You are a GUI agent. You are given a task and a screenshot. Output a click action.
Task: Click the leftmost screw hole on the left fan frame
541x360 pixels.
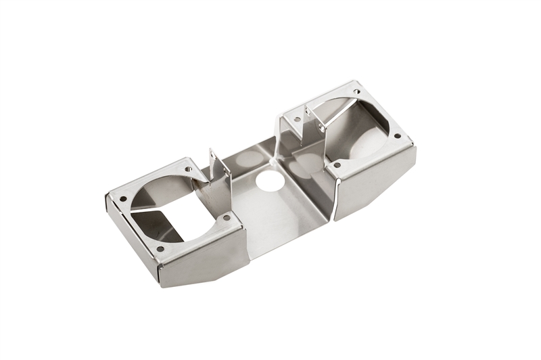[123, 199]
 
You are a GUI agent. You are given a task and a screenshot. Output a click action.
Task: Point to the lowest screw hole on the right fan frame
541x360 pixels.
[336, 164]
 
